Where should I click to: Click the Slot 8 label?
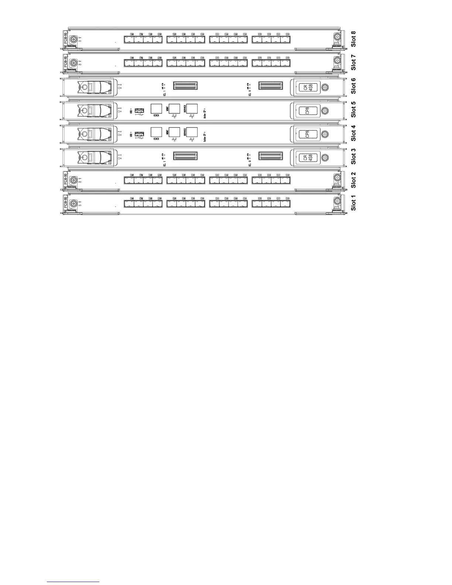tap(354, 39)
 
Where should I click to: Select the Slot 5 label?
tap(354, 109)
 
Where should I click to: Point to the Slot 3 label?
tap(354, 156)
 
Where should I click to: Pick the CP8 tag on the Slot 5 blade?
tap(307, 110)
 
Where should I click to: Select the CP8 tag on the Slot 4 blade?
tap(307, 134)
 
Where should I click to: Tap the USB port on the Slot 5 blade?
tap(139, 110)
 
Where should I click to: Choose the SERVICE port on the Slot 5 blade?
tap(192, 109)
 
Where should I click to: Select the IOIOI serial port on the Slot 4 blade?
tap(156, 132)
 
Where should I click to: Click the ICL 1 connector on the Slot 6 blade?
tap(185, 86)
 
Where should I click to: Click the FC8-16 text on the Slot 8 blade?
tap(65, 38)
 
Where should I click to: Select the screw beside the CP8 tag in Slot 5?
tap(325, 110)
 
